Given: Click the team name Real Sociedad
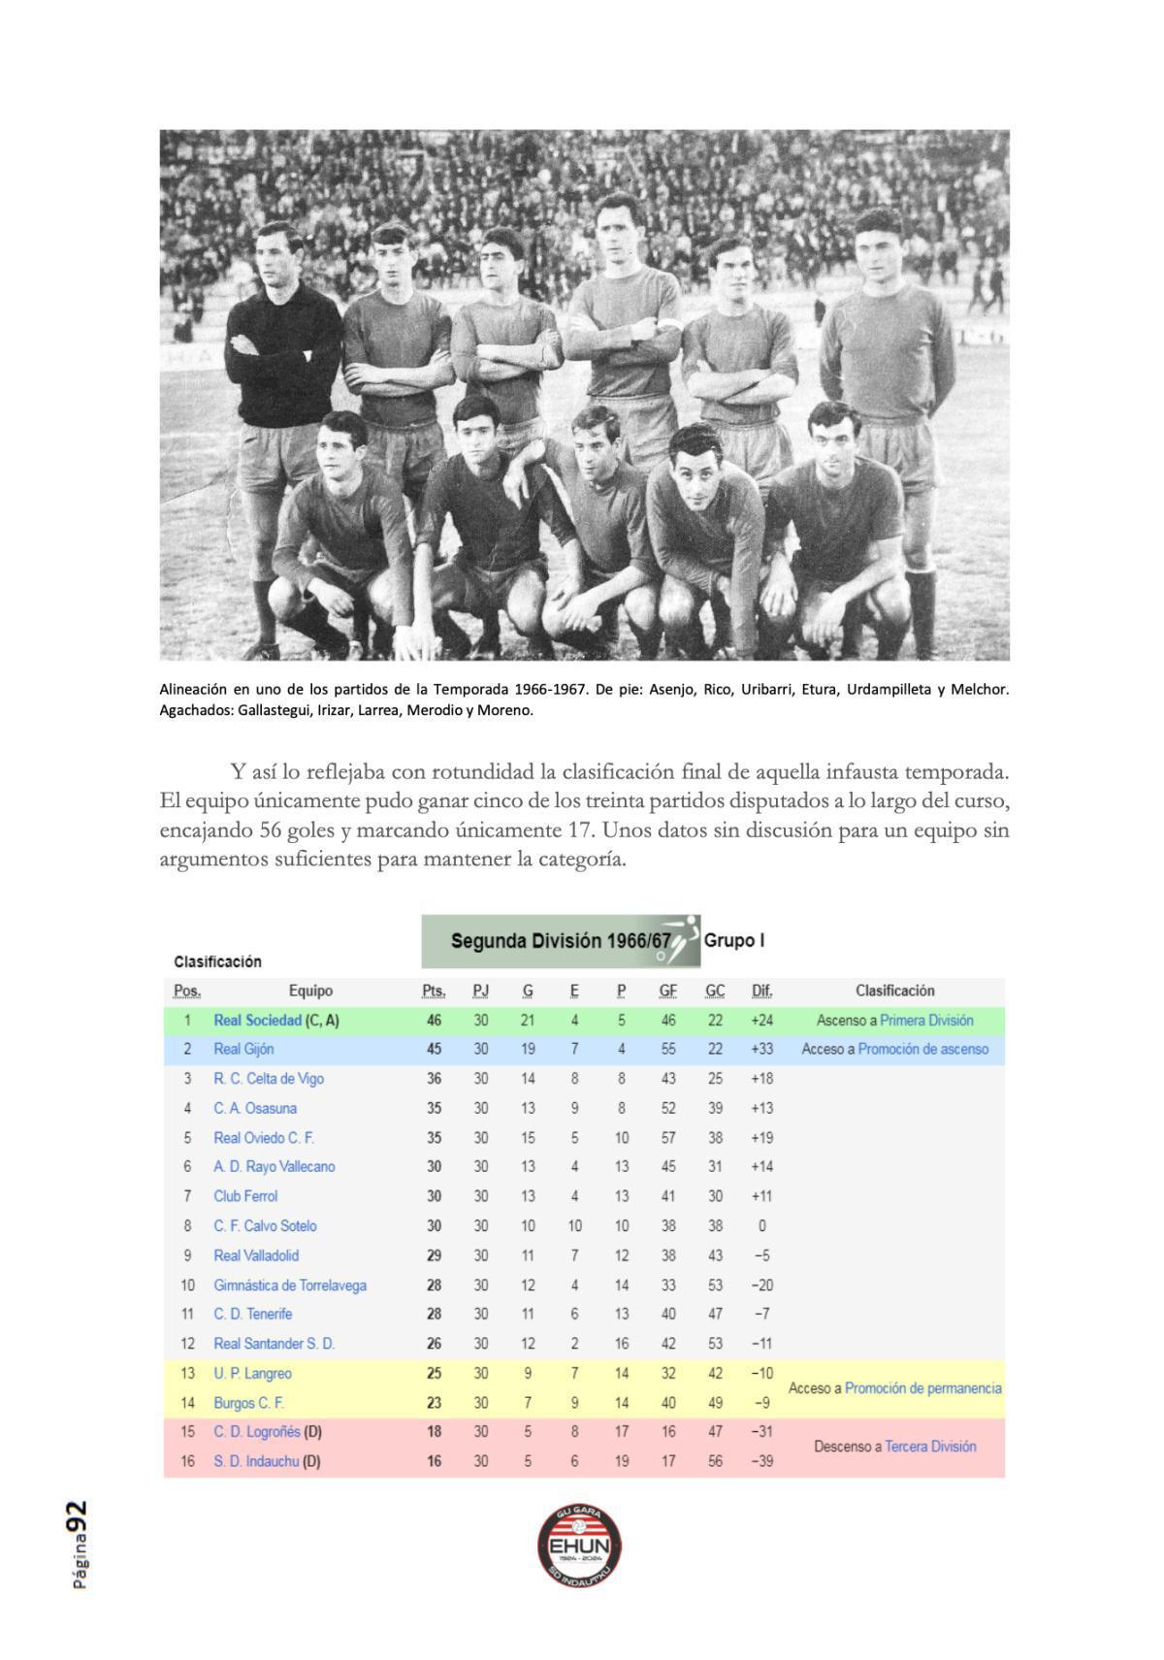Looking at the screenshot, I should click(257, 1021).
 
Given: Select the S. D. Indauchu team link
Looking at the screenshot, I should click(256, 1461).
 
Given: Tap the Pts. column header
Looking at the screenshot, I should click(434, 991).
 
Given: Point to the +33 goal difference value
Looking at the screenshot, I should click(761, 1049).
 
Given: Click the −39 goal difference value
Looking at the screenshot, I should click(761, 1461).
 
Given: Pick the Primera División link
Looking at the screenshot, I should click(926, 1021).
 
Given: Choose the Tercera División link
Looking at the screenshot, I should click(930, 1447).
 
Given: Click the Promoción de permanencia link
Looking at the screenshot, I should click(922, 1388).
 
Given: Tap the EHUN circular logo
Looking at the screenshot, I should click(580, 1546).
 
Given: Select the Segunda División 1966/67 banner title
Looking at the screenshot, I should click(561, 941).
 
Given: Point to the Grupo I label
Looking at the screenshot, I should click(734, 940).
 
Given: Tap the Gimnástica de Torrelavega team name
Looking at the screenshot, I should click(290, 1286).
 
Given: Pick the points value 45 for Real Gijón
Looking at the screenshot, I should click(434, 1049).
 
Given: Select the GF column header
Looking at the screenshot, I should click(667, 991).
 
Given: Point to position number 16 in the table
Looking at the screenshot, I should click(187, 1461).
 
